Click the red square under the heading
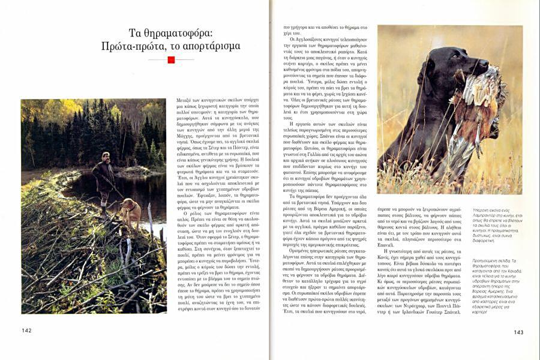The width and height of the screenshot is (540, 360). (171, 60)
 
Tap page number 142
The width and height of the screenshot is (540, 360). (26, 331)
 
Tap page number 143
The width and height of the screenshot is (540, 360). (518, 332)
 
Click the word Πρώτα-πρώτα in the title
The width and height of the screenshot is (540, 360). (136, 46)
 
